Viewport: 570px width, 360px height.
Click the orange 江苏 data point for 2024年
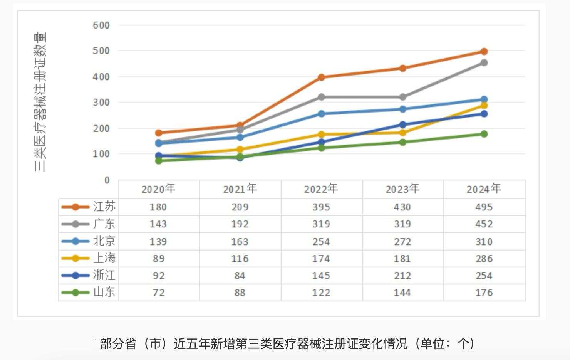[x=484, y=52]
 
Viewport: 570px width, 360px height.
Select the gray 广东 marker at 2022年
[x=321, y=97]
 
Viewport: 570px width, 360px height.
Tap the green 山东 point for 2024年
[x=484, y=134]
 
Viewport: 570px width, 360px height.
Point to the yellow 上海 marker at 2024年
[x=484, y=105]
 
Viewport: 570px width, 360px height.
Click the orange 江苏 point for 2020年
[x=158, y=133]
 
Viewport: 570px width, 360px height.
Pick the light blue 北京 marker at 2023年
[x=402, y=109]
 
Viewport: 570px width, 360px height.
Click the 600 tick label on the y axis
[x=101, y=25]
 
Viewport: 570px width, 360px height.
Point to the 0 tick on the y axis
[x=107, y=180]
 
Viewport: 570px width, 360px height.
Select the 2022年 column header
[x=321, y=189]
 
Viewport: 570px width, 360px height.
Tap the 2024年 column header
[x=484, y=189]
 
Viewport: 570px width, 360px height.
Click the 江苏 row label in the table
[x=104, y=207]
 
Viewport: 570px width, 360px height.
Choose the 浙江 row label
[x=104, y=275]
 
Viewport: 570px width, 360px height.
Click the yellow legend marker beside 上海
[x=75, y=258]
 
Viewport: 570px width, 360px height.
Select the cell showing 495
[x=484, y=207]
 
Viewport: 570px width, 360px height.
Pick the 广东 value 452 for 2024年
[x=484, y=224]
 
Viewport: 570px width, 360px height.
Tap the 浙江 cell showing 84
[x=240, y=276]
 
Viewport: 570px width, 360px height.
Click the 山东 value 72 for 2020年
[x=158, y=293]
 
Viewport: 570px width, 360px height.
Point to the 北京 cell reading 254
[x=321, y=242]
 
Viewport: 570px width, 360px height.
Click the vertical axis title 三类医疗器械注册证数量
[x=40, y=102]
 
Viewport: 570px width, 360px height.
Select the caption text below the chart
[x=287, y=343]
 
